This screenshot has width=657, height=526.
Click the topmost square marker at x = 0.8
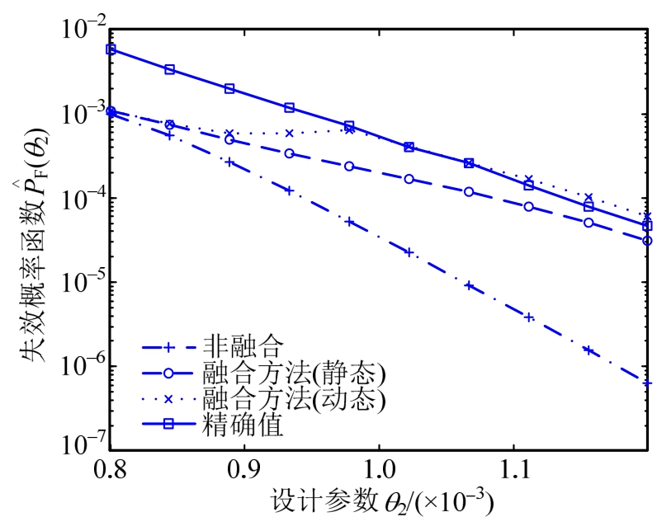(111, 49)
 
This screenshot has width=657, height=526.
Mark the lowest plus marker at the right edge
(648, 383)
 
